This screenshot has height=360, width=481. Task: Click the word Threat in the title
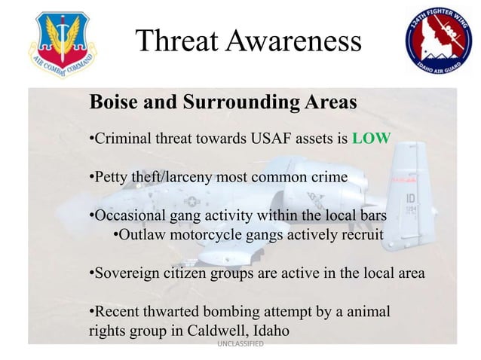(x=180, y=43)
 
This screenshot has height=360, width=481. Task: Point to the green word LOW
(x=370, y=139)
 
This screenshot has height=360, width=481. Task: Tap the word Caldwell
(x=206, y=331)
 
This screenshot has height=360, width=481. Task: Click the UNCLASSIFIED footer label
(x=239, y=344)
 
